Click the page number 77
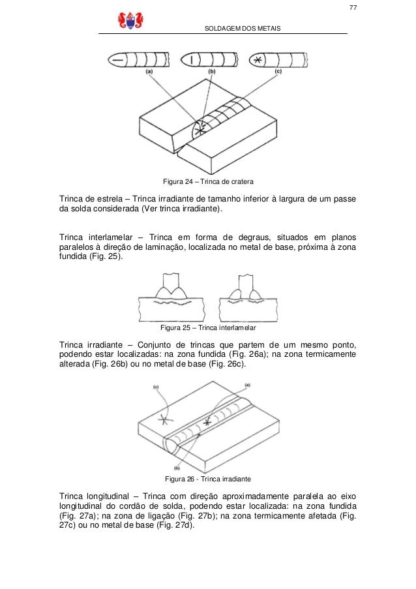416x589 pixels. [x=352, y=8]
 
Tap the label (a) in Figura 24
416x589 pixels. [x=150, y=70]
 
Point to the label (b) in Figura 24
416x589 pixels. [x=211, y=70]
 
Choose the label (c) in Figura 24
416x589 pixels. [x=277, y=70]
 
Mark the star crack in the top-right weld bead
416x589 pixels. [x=260, y=60]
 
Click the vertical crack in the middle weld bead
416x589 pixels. [x=191, y=60]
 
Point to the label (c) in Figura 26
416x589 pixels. [x=156, y=387]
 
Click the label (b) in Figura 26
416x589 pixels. [x=177, y=468]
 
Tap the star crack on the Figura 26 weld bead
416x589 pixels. [x=207, y=423]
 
